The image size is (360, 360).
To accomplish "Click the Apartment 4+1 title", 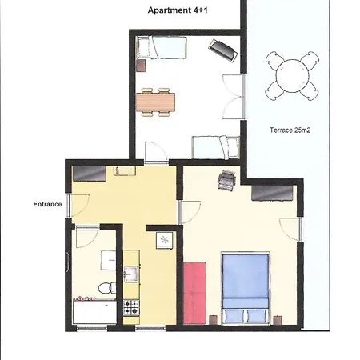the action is (178, 10).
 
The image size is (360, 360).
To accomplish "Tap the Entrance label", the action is (47, 204).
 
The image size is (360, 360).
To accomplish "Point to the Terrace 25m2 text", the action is (290, 130).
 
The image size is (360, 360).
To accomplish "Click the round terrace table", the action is (292, 76).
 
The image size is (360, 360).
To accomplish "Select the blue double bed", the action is (246, 288).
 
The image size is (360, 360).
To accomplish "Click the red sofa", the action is (195, 293).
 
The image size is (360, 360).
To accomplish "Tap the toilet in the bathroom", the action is (107, 288).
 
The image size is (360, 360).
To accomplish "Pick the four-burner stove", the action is (131, 308).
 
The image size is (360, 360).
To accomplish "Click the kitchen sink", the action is (131, 274).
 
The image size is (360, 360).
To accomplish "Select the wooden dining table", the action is (155, 102).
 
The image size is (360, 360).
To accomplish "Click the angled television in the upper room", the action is (223, 50).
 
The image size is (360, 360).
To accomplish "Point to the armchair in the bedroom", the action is (226, 180).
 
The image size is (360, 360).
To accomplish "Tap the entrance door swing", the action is (79, 205).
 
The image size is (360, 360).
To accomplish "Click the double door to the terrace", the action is (234, 97).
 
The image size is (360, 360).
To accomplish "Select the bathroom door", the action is (87, 237).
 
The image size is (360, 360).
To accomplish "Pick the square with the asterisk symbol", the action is (165, 240).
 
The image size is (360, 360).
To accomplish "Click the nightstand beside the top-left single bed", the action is (141, 66).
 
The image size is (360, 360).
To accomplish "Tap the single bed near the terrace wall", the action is (216, 147).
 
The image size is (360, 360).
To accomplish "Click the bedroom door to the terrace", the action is (290, 229).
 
